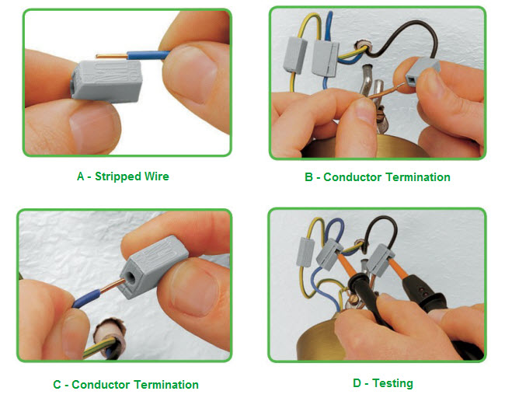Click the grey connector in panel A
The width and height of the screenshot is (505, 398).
pyautogui.click(x=106, y=81)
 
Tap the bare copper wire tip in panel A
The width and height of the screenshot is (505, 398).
pyautogui.click(x=96, y=57)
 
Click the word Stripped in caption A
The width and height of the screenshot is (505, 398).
pyautogui.click(x=118, y=176)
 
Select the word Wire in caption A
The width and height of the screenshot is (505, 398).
pyautogui.click(x=157, y=176)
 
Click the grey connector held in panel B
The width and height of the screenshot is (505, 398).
pyautogui.click(x=421, y=72)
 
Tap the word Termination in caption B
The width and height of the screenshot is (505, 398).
pyautogui.click(x=418, y=177)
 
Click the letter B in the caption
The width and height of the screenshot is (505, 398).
pyautogui.click(x=308, y=177)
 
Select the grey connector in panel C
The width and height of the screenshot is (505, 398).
pyautogui.click(x=153, y=266)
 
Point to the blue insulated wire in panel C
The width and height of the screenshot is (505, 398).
pyautogui.click(x=86, y=298)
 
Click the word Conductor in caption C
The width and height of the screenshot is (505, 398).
pyautogui.click(x=101, y=385)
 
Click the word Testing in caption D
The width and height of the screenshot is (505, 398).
pyautogui.click(x=392, y=383)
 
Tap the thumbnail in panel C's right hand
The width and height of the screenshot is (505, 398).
pyautogui.click(x=193, y=288)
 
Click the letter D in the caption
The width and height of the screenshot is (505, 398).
pyautogui.click(x=357, y=383)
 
